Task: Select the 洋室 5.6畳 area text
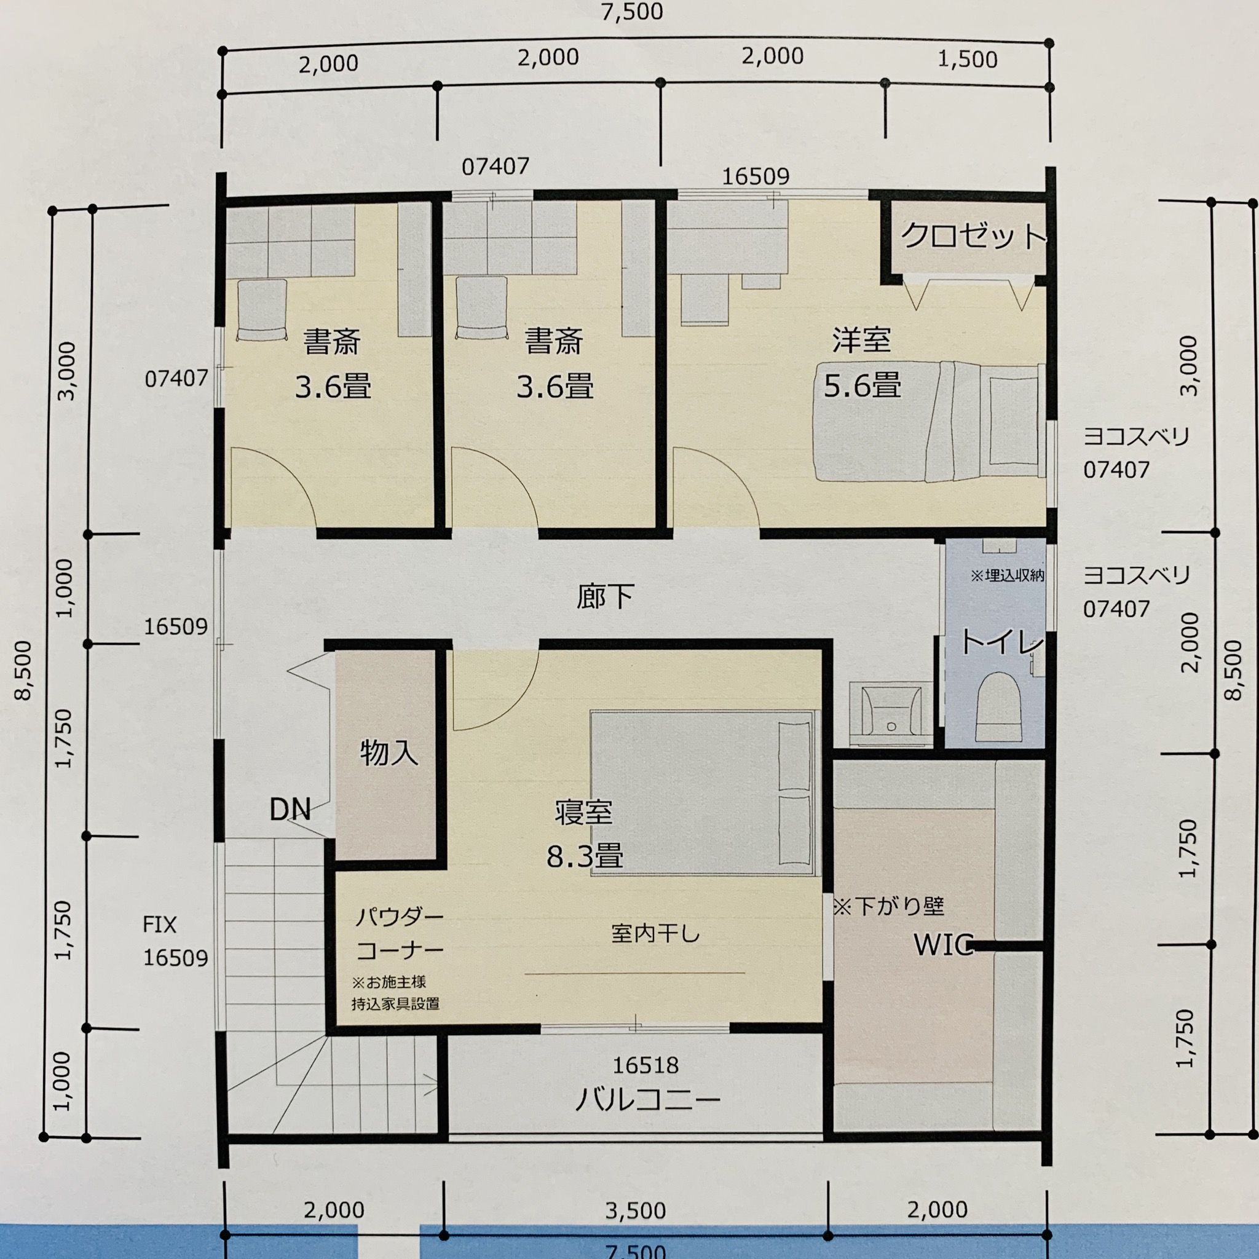coord(861,364)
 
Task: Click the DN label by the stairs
coord(290,810)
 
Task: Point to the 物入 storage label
coord(389,753)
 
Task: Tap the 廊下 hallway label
coord(605,596)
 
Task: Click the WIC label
coord(943,945)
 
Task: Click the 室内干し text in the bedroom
coord(655,934)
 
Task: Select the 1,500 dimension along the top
coord(967,60)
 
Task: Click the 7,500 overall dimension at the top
coord(631,12)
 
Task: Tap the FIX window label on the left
coord(160,925)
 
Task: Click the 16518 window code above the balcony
coord(645,1065)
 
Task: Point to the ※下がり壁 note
coord(888,906)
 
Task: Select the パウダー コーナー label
coord(399,934)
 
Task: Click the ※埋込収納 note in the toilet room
coord(1007,575)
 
